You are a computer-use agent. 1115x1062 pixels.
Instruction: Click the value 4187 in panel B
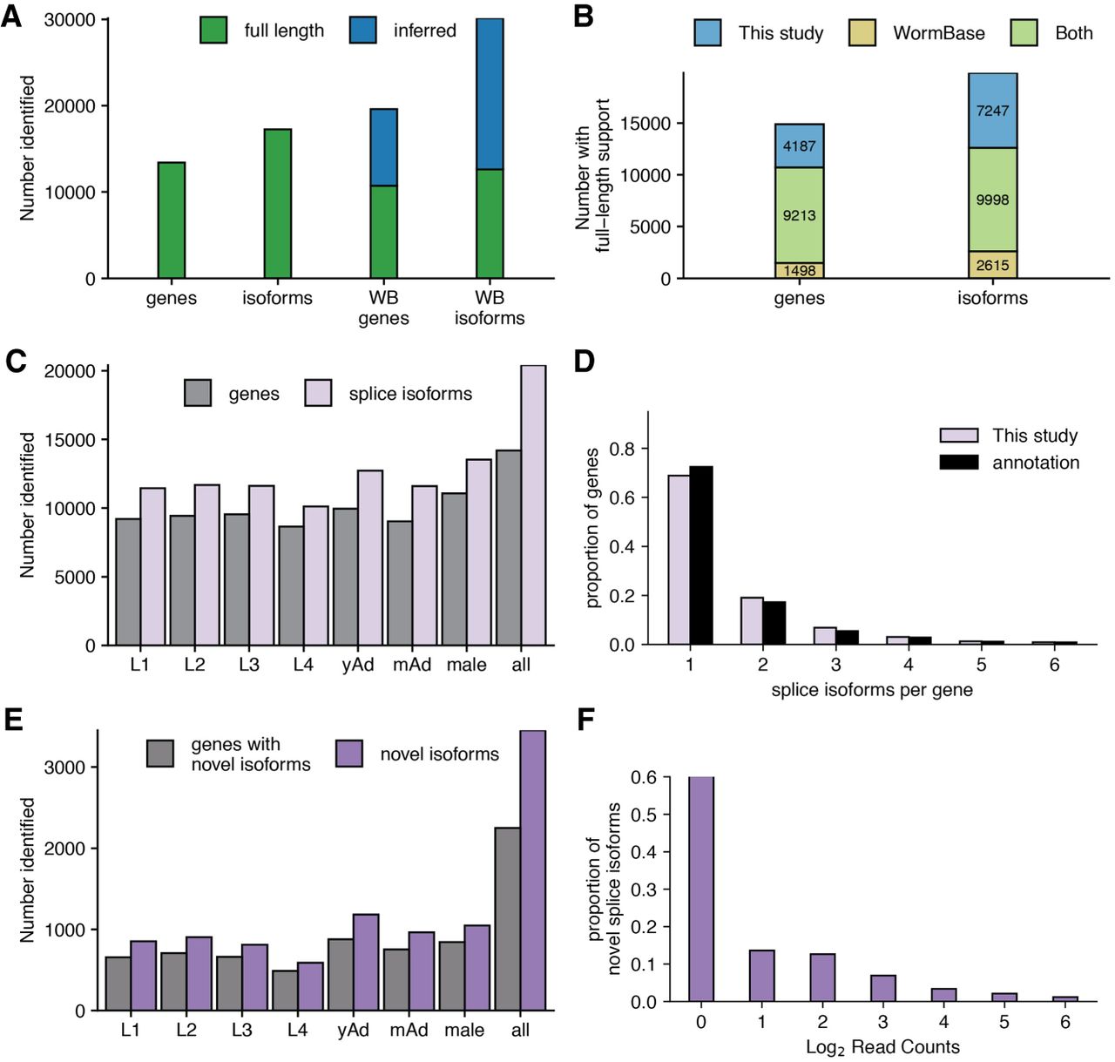tap(799, 145)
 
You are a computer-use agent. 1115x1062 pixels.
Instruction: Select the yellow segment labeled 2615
tap(992, 264)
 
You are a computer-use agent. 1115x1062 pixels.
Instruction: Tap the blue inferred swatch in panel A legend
tap(363, 30)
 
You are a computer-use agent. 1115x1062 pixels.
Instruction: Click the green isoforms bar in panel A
tap(277, 204)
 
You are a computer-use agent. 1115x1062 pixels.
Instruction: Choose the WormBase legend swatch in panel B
tap(862, 32)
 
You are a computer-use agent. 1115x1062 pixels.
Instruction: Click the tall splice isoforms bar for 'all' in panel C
tap(533, 505)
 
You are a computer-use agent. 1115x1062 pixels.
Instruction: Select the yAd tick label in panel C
tap(358, 665)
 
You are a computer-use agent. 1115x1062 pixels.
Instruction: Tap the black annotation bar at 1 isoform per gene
tap(701, 556)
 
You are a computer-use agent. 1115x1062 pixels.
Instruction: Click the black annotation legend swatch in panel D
tap(959, 463)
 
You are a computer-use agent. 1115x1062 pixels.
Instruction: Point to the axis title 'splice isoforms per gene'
tap(872, 690)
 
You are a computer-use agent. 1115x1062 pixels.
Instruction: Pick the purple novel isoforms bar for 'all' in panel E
tap(533, 871)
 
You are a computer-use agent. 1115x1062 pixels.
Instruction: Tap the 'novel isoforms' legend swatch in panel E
tap(348, 754)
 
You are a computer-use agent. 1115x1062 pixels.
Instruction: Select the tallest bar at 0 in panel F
tap(701, 890)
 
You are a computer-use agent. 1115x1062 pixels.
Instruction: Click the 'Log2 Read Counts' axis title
tap(882, 1047)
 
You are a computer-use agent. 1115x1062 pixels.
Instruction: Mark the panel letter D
tap(585, 361)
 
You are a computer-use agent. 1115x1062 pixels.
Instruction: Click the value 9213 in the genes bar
tap(799, 215)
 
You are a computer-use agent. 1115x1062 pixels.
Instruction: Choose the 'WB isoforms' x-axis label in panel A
tap(490, 308)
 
